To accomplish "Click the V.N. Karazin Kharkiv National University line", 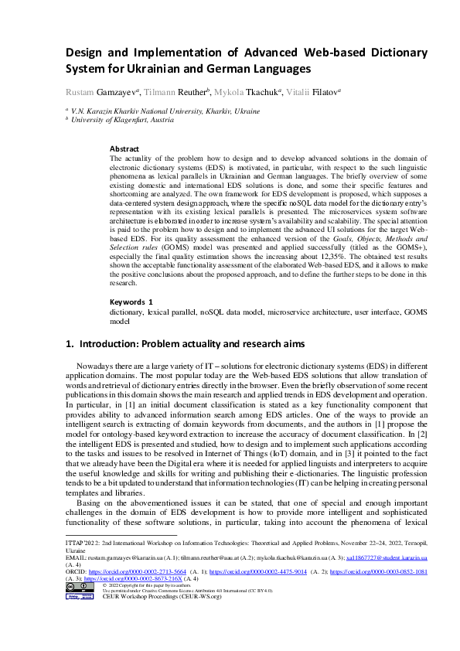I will pos(165,111).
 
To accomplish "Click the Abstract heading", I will pos(124,148).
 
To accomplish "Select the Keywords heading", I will pos(131,300).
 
